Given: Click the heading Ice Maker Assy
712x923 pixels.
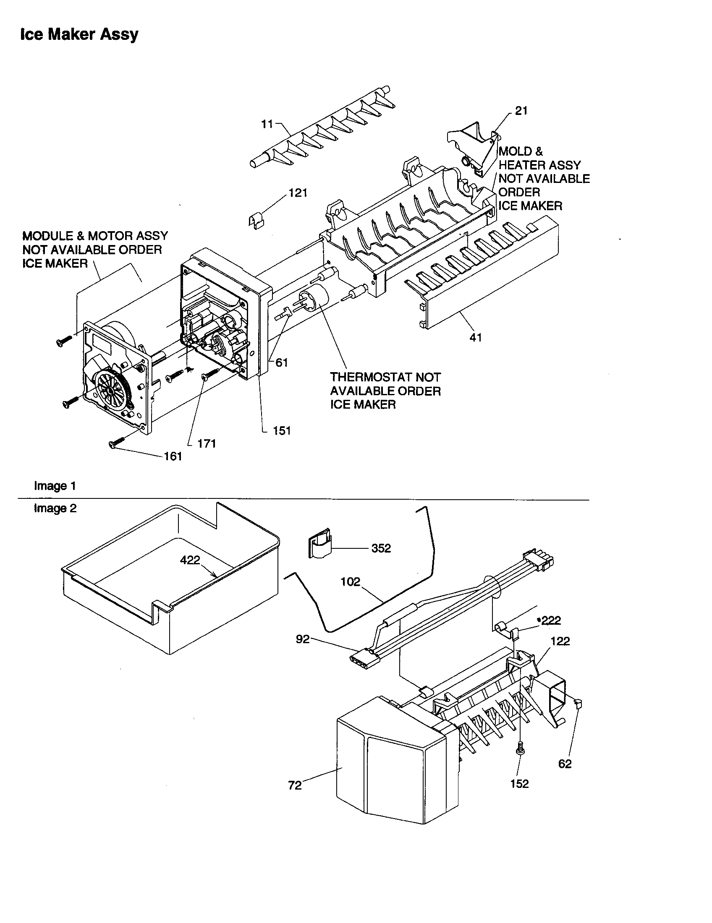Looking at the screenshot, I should click(79, 34).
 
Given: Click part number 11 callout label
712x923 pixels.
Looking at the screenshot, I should click(267, 124).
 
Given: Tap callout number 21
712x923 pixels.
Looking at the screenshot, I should click(521, 111).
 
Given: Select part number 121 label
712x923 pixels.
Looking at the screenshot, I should click(298, 193).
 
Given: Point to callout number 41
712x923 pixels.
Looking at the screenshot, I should click(476, 337).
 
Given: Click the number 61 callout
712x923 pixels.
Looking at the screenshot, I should click(282, 362).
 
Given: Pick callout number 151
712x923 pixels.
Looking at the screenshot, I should click(282, 430).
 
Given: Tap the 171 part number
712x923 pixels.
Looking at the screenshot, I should click(207, 443).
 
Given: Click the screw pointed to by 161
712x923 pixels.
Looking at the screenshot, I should click(115, 443).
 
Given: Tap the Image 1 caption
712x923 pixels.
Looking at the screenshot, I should click(55, 486).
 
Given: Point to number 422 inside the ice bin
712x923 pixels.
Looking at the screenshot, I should click(190, 560).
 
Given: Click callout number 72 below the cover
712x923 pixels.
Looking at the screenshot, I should click(295, 785).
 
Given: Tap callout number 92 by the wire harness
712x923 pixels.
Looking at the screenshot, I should click(303, 639).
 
